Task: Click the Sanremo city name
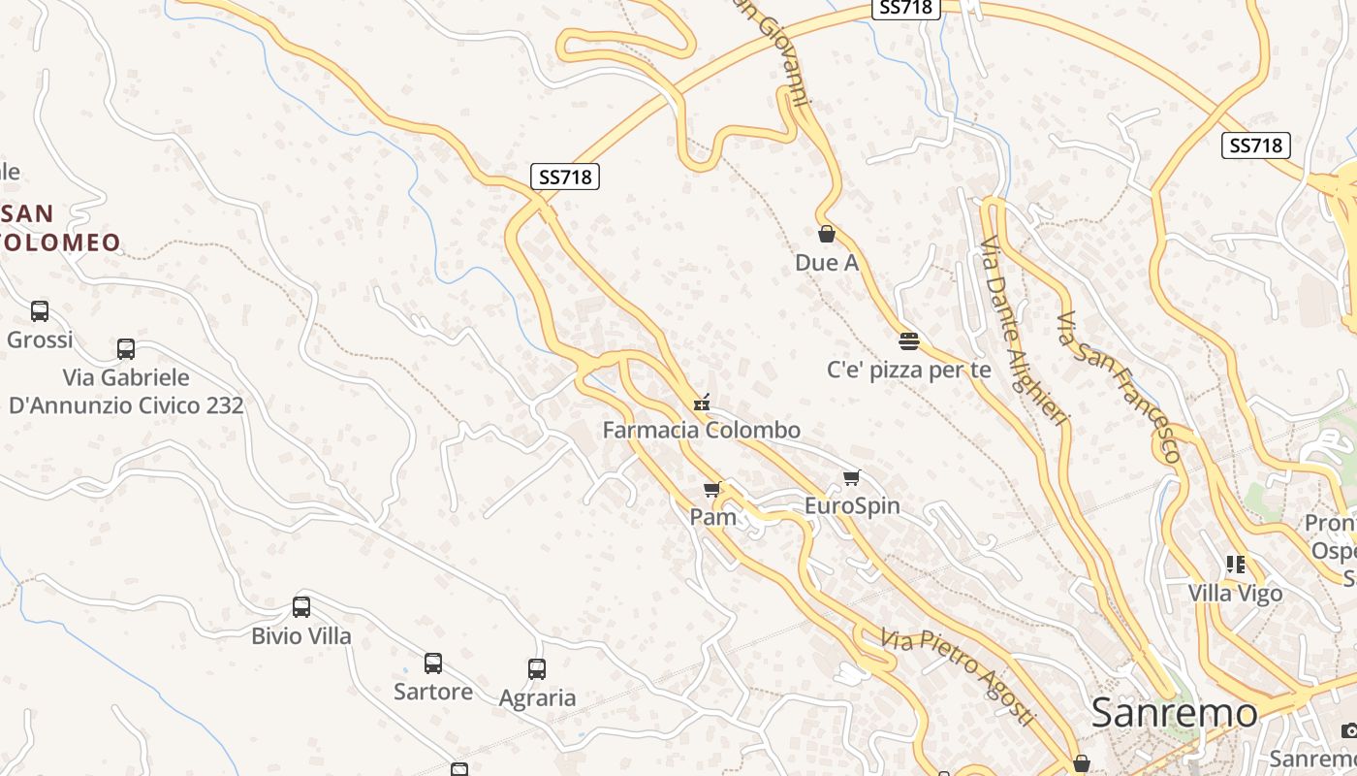[x=1174, y=713]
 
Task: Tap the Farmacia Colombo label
[x=702, y=430]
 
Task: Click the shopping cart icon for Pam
[x=712, y=490]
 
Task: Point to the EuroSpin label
[x=852, y=505]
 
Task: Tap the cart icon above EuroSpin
[x=852, y=477]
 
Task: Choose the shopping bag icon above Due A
[x=827, y=234]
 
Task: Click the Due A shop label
[x=827, y=262]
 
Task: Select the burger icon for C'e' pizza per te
[x=908, y=340]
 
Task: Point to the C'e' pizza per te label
[x=908, y=370]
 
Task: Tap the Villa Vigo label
[x=1235, y=593]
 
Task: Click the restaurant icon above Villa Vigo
[x=1235, y=564]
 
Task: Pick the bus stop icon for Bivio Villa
[x=301, y=607]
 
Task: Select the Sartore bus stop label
[x=433, y=692]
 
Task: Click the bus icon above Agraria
[x=537, y=669]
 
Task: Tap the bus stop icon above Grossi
[x=40, y=311]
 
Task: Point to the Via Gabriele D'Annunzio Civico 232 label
[x=126, y=391]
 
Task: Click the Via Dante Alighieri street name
[x=1024, y=330]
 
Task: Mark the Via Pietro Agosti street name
[x=957, y=677]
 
